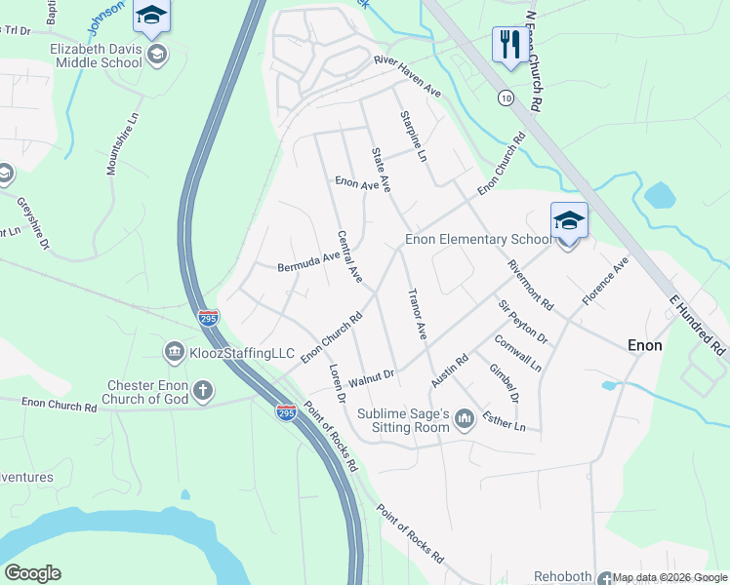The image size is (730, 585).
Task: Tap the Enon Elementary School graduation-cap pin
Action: [569, 221]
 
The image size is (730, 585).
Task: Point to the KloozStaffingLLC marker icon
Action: [174, 350]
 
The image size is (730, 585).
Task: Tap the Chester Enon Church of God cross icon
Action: [203, 391]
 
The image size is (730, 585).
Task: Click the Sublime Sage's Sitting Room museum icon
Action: [465, 419]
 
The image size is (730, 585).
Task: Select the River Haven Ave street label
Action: [408, 77]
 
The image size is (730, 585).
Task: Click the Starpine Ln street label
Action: [414, 136]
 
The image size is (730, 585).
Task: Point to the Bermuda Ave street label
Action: [308, 261]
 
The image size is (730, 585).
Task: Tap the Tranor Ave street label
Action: [416, 313]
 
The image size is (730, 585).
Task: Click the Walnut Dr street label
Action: [370, 375]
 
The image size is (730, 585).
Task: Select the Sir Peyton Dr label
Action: [523, 321]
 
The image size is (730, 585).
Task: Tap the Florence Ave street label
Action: [606, 283]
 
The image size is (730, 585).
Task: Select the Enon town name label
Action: [644, 345]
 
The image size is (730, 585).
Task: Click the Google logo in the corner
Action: [32, 573]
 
